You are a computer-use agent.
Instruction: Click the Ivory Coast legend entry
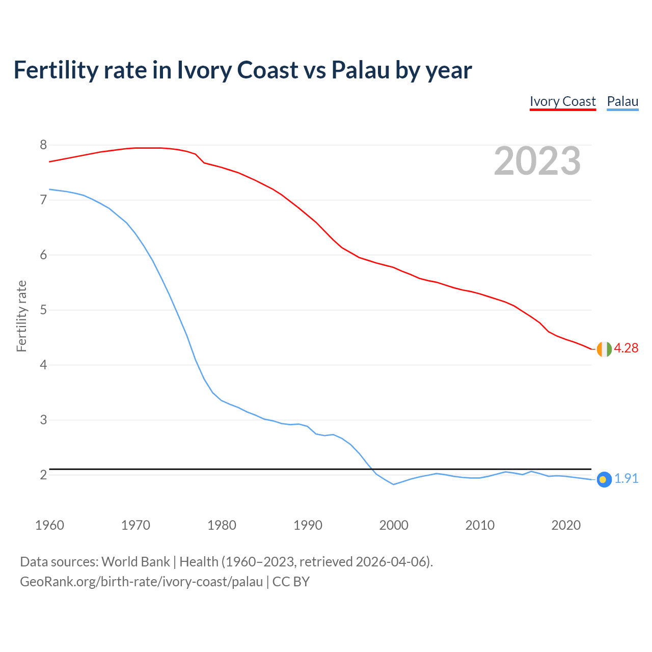coord(562,101)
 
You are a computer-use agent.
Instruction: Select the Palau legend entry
coord(622,101)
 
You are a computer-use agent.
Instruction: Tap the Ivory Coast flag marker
coord(604,349)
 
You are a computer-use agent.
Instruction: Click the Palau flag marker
coord(604,479)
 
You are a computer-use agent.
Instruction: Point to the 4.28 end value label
coord(626,348)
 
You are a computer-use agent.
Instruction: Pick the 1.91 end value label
coord(626,479)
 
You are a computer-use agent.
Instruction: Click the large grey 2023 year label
coord(537,161)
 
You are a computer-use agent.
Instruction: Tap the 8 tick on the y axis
coord(43,145)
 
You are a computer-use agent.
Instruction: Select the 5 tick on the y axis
coord(43,310)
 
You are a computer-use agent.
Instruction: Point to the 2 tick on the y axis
coord(43,475)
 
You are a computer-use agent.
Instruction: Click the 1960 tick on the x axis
coord(49,525)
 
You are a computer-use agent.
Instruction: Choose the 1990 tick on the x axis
coord(308,525)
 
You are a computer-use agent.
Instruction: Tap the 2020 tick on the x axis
coord(566,525)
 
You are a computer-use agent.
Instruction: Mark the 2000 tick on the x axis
coord(394,525)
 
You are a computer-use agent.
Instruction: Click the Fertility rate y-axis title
coord(21,316)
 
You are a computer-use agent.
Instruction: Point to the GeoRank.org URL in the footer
coord(141,581)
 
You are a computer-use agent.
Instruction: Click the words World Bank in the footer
coord(135,562)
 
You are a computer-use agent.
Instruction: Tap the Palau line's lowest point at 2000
coord(394,484)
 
